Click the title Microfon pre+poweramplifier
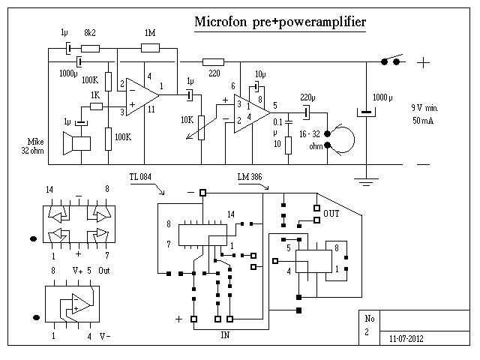(x=280, y=22)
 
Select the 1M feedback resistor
(x=150, y=49)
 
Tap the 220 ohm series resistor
(x=214, y=62)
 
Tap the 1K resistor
(x=95, y=106)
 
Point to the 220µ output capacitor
(x=306, y=112)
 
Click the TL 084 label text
(x=139, y=177)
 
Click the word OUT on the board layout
(x=331, y=214)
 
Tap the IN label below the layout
(x=224, y=334)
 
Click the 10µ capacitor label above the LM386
(x=260, y=74)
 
